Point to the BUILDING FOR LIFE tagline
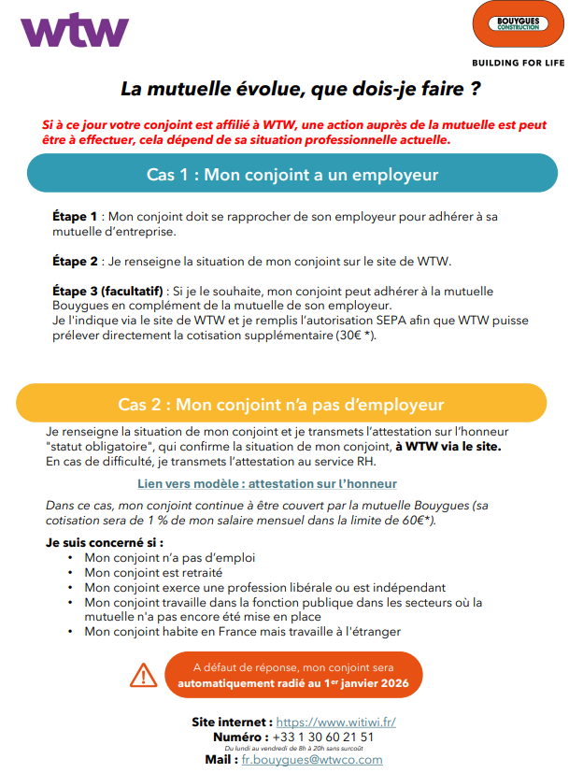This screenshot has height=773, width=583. tap(519, 64)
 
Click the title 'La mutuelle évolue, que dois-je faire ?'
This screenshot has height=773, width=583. tap(300, 90)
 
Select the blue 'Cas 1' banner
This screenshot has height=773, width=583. tap(291, 174)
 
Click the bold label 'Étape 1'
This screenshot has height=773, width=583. tap(75, 216)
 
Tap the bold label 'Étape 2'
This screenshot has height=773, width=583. tap(75, 261)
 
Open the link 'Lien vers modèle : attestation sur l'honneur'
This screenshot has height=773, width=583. tap(266, 483)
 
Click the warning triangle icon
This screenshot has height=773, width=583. tap(143, 674)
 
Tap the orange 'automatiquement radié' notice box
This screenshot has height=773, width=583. tap(293, 675)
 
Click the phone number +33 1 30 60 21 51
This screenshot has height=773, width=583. tap(330, 737)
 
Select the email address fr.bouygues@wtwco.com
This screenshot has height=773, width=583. tap(312, 760)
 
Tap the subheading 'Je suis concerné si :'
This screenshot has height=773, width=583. tap(105, 542)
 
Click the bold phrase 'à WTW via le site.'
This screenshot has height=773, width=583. tap(448, 447)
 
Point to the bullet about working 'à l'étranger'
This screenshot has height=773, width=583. tap(242, 632)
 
